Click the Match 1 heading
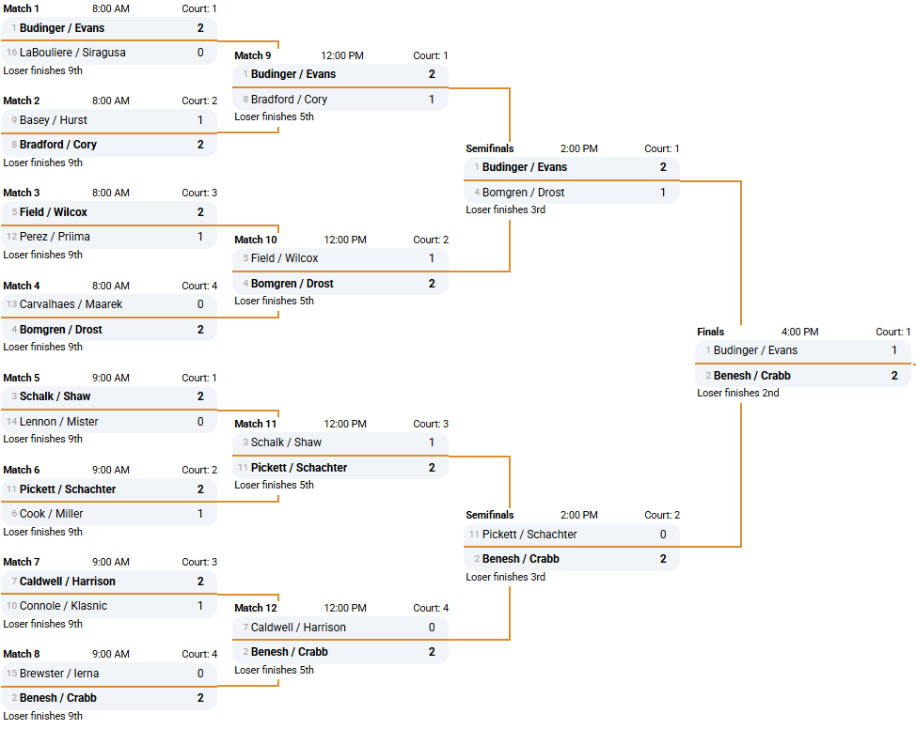22,8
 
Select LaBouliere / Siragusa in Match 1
72,53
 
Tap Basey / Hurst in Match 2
53,120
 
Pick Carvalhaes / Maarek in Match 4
71,304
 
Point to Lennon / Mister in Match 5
58,422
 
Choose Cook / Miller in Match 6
51,514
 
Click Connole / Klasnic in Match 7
63,606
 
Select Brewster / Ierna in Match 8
59,674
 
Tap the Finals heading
710,332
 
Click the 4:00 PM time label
799,332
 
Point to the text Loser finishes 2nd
737,393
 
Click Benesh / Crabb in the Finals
751,376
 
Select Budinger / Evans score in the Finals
893,350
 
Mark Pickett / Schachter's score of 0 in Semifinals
662,535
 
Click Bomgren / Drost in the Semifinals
523,193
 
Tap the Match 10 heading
256,240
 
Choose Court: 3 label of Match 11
431,424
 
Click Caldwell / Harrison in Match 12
298,628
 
